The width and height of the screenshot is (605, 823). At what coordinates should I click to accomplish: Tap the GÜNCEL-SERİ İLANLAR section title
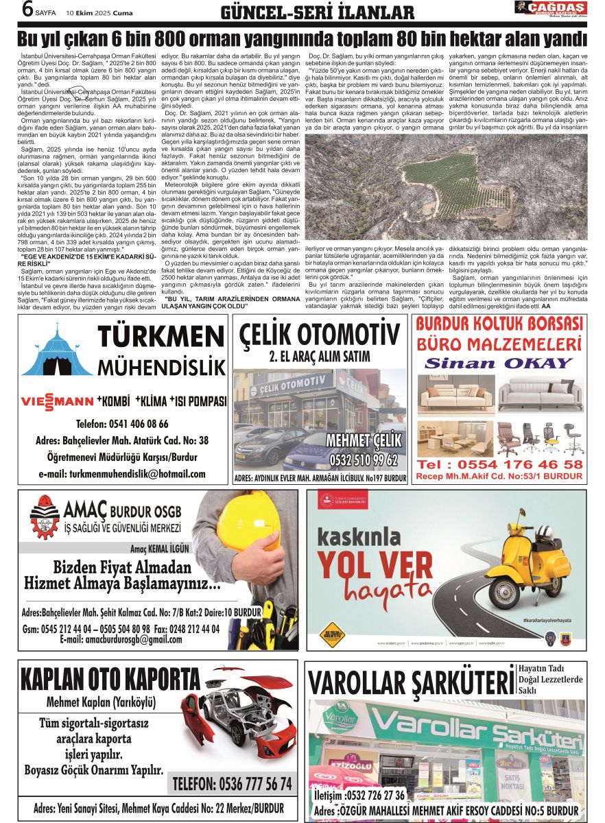click(317, 12)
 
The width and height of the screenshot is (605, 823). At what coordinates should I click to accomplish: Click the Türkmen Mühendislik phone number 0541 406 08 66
click(123, 423)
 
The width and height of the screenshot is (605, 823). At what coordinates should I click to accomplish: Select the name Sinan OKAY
click(498, 363)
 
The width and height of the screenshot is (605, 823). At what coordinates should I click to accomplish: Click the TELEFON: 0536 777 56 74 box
click(232, 783)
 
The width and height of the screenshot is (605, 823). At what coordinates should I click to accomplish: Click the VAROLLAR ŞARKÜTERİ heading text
click(410, 683)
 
